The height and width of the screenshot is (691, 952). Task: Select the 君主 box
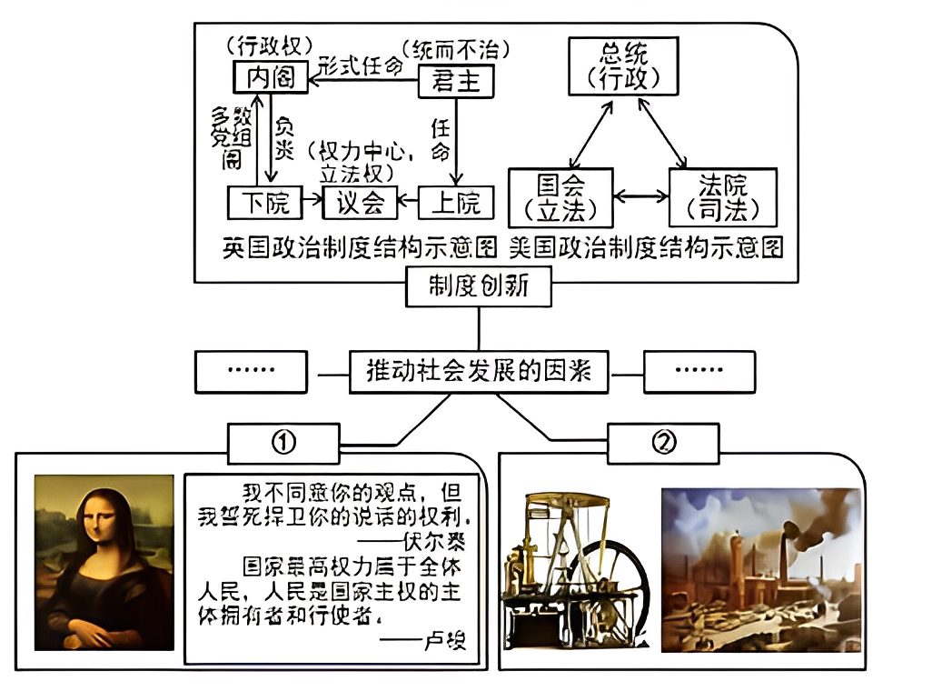click(x=456, y=82)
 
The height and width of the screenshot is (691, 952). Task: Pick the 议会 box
click(x=361, y=202)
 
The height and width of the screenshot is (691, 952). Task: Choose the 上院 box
click(x=456, y=202)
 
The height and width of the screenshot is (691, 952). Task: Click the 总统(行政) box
click(x=624, y=65)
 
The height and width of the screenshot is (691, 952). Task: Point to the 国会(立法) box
click(x=560, y=198)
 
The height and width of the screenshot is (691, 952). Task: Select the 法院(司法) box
click(x=723, y=198)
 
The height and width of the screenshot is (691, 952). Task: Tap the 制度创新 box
click(x=478, y=289)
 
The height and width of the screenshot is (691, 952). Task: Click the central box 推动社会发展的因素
click(x=479, y=372)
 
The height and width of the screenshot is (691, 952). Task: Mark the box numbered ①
click(x=285, y=443)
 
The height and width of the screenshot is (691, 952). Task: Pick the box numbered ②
click(x=664, y=443)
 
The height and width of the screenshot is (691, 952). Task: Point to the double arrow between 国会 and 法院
click(x=641, y=195)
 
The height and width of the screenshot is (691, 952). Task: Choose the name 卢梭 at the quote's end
click(x=444, y=641)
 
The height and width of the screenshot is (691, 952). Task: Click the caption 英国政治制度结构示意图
click(x=361, y=248)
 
